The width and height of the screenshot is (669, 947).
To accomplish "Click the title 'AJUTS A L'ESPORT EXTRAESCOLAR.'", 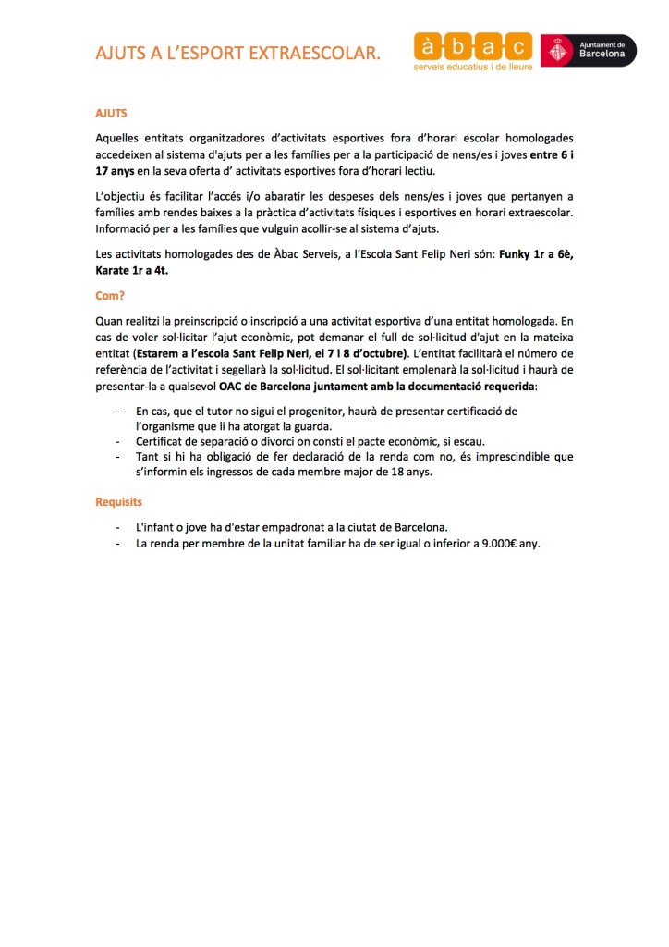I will pos(237,54).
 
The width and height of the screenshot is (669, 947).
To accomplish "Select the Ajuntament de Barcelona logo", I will pos(589,50).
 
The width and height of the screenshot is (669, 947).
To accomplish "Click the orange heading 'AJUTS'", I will pos(111,113).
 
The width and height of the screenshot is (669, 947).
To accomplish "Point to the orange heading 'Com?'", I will pos(109,296).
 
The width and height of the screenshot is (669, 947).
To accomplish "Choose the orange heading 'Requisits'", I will pos(119,501).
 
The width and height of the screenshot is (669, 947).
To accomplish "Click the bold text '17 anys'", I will pos(116,170).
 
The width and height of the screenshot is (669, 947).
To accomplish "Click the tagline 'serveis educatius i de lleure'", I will pos(472,68).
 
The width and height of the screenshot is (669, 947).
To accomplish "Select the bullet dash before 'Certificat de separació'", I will pos(116,440).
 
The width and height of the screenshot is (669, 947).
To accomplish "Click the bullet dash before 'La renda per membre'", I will pos(116,543).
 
